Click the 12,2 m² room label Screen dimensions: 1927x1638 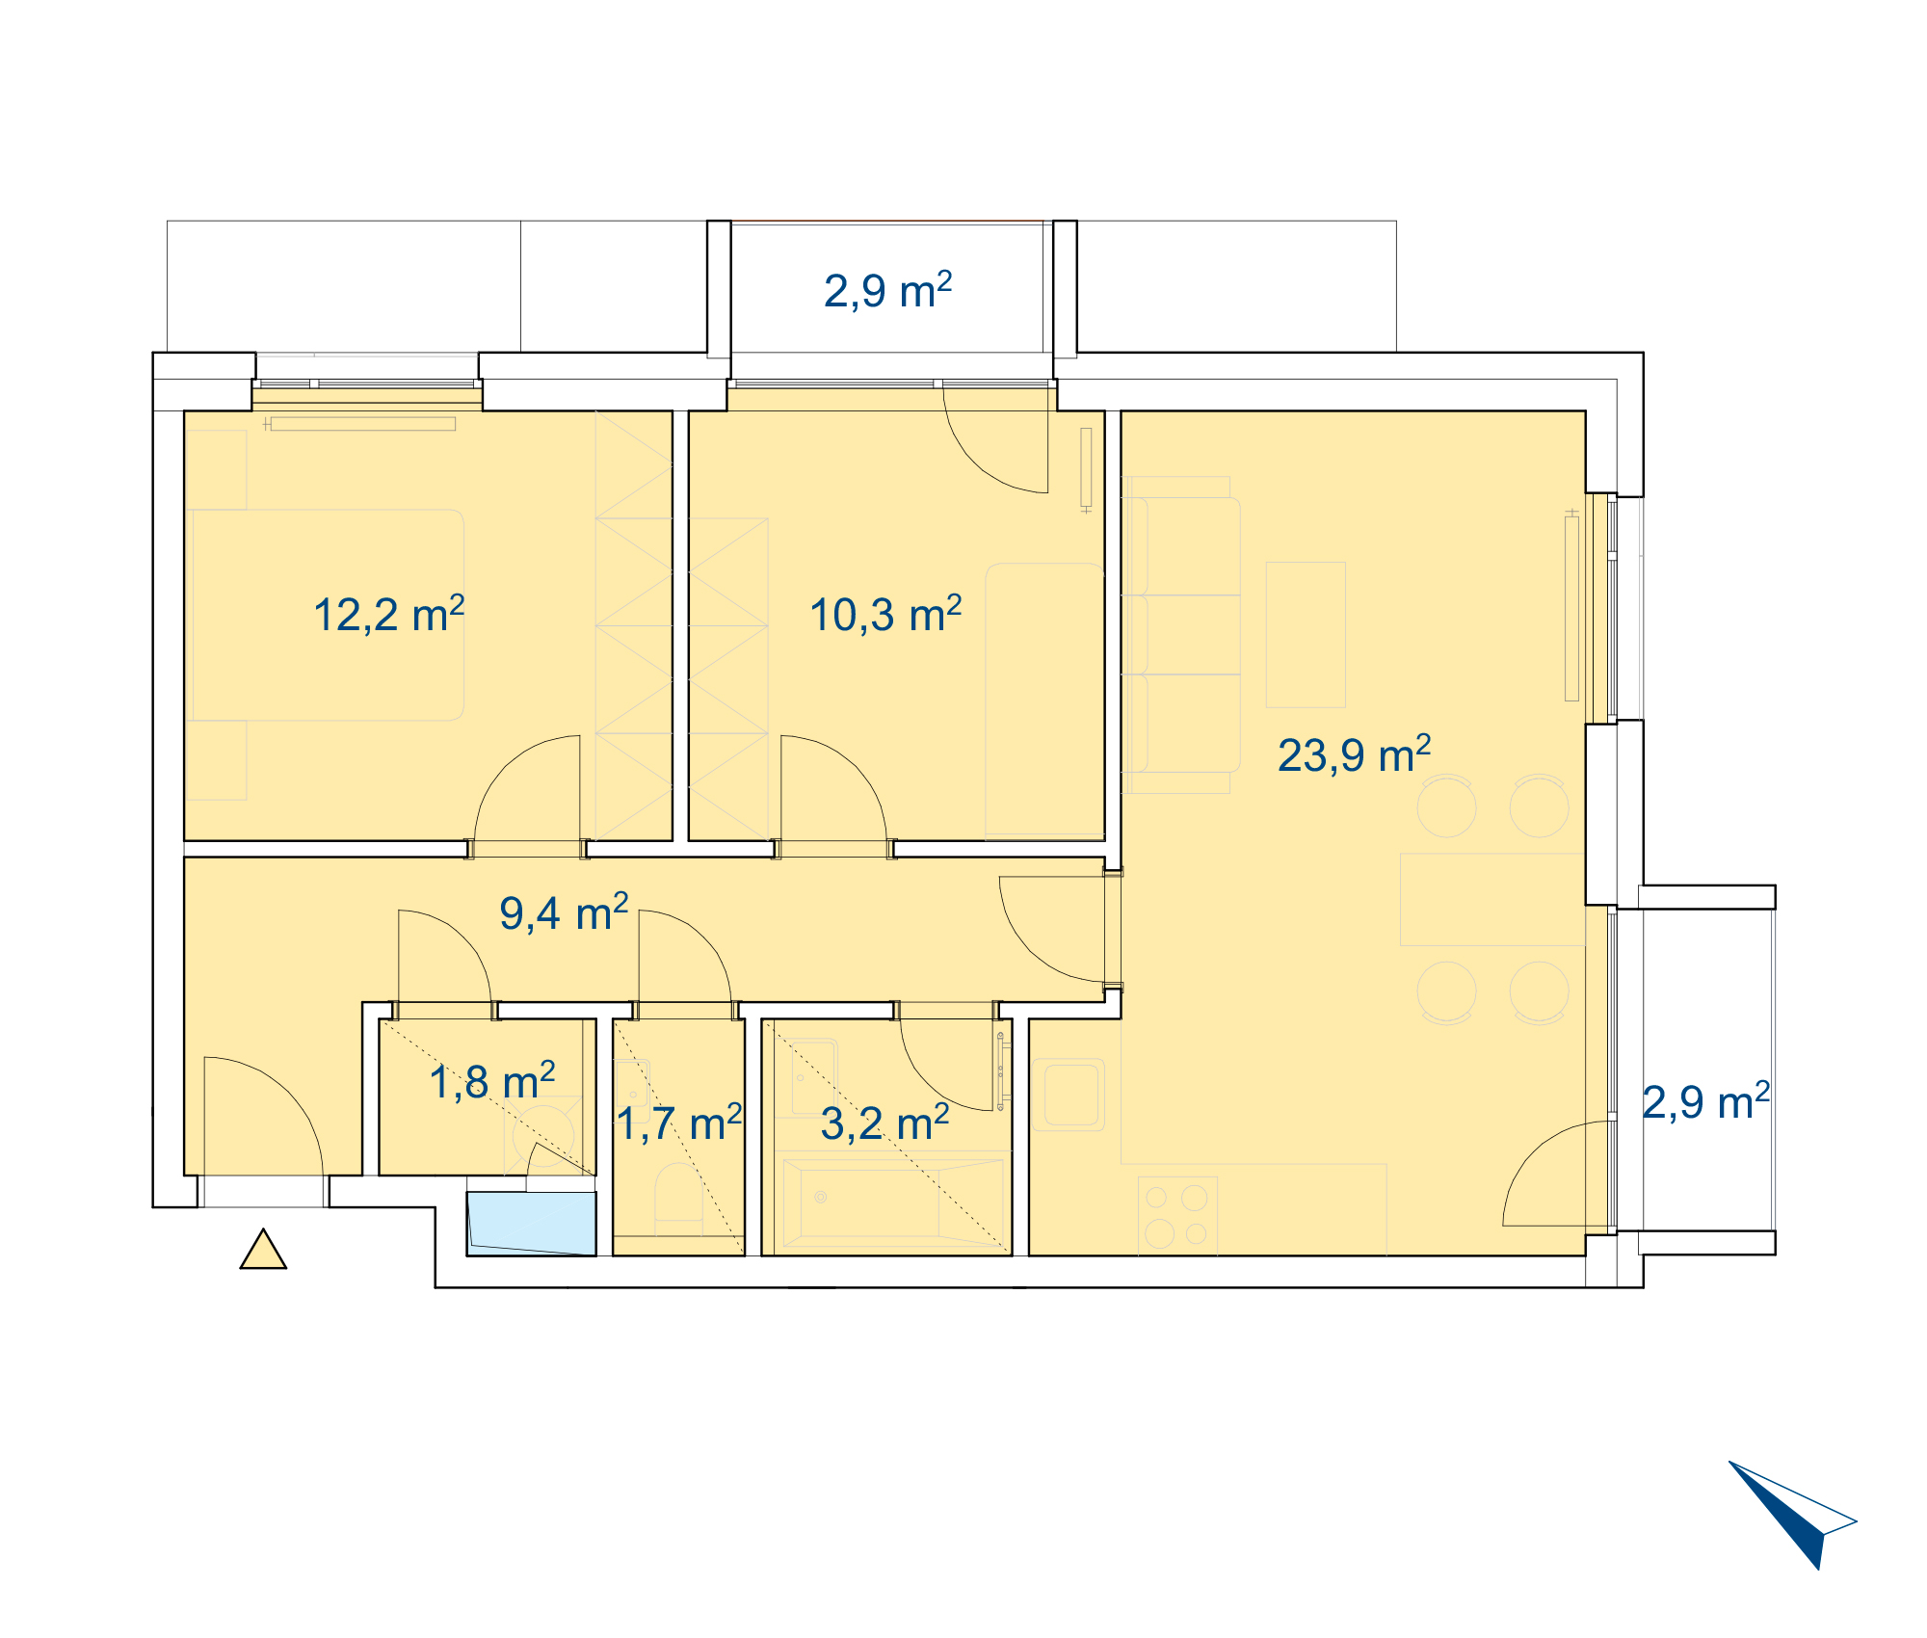389,614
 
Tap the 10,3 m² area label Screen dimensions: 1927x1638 885,614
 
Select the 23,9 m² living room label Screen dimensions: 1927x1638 1354,754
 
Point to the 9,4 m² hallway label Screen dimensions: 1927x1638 564,912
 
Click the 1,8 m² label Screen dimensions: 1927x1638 492,1081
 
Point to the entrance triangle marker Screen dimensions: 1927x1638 263,1250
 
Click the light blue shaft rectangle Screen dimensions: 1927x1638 532,1224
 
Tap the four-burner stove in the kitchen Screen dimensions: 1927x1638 1177,1216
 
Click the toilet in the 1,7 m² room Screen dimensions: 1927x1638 678,1198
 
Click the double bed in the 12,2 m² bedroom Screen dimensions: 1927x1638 329,615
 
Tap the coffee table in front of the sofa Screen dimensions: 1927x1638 1306,635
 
